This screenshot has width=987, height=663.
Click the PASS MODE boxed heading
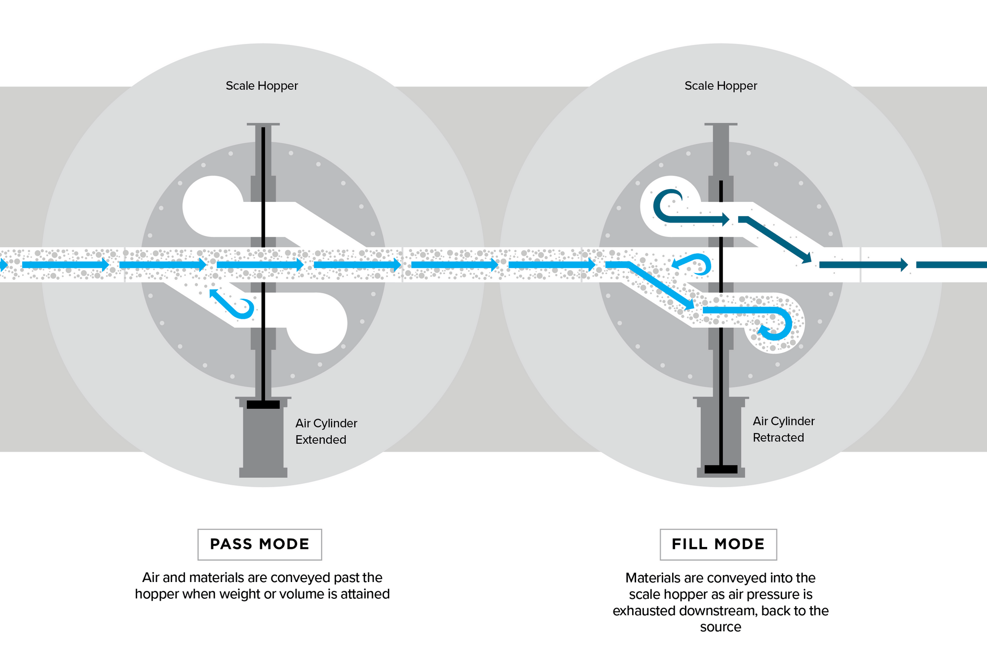tap(260, 545)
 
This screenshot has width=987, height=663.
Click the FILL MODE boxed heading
tap(718, 545)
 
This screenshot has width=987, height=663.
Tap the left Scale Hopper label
tap(262, 86)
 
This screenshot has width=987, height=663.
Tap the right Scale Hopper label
tap(721, 86)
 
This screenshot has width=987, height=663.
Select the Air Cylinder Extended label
tap(326, 431)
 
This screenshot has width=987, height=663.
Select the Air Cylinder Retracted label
tap(783, 429)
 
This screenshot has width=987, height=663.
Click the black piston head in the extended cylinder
tap(263, 405)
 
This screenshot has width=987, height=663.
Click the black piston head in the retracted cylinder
tap(721, 469)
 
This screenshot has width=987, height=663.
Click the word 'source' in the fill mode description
tap(721, 627)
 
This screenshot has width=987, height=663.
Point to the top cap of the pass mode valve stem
tap(263, 124)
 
